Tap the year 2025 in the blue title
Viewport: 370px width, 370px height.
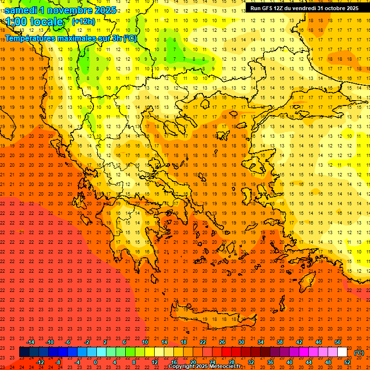105,10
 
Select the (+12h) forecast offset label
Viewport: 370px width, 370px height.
83,21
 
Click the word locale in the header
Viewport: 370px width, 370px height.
46,22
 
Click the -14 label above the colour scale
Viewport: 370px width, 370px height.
30,342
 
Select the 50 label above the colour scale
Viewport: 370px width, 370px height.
338,342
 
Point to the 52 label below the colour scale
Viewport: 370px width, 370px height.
347,362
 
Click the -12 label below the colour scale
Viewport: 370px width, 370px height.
40,362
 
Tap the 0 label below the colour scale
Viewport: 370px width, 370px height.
95,362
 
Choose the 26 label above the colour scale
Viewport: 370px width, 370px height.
222,342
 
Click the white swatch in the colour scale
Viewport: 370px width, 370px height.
342,352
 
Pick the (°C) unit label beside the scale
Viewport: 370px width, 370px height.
359,353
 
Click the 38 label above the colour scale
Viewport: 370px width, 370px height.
280,342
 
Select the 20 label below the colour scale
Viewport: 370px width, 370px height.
193,362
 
